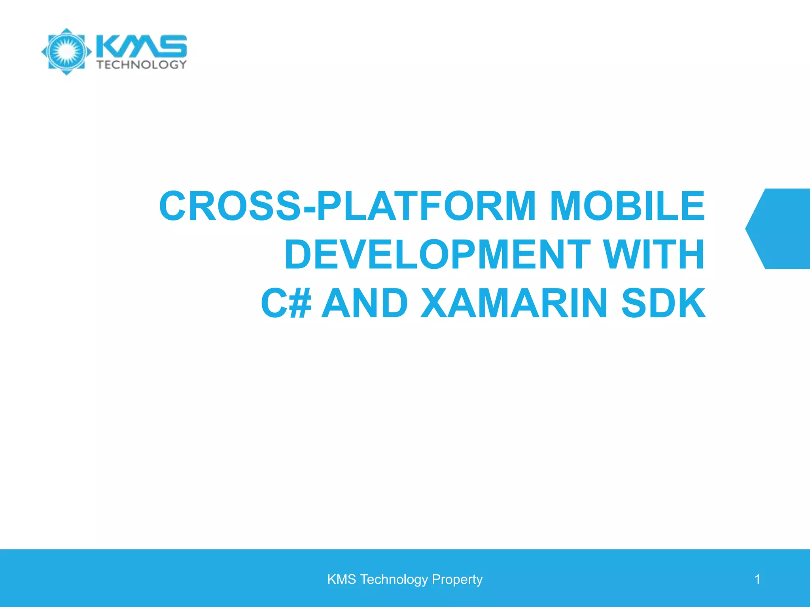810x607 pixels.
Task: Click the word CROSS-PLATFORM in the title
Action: [347, 206]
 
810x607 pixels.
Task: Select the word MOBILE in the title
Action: [627, 206]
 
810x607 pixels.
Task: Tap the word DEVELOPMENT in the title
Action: [437, 254]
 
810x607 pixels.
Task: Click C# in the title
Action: [286, 303]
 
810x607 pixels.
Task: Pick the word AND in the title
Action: [365, 303]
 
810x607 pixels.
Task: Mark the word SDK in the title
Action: [663, 303]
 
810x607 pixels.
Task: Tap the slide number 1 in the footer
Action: [757, 579]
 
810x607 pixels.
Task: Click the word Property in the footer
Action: [457, 579]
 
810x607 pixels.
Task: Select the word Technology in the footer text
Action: [394, 579]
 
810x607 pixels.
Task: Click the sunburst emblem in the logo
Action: [66, 51]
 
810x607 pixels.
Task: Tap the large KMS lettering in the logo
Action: [142, 45]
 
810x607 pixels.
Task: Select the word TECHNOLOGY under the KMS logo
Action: [142, 64]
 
